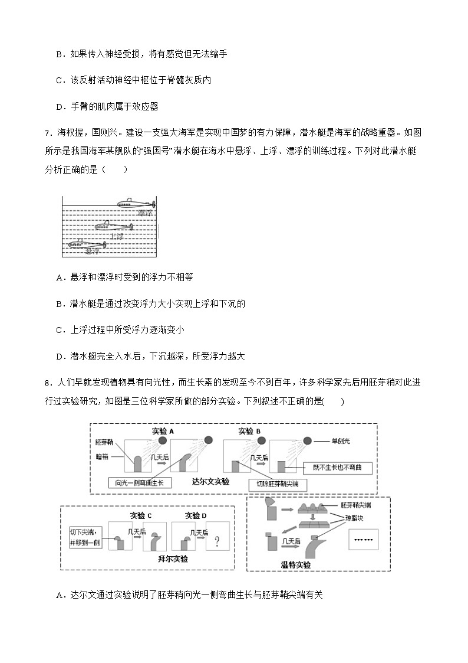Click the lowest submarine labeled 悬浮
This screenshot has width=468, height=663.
click(85, 243)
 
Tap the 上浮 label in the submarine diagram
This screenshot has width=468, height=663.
click(117, 236)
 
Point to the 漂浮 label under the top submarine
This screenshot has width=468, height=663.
click(144, 213)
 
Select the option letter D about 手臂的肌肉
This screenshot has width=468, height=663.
click(59, 106)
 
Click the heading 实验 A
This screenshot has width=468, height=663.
click(163, 431)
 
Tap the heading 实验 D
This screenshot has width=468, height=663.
click(196, 515)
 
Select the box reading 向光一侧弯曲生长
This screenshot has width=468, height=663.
click(140, 483)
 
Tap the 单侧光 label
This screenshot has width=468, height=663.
click(341, 441)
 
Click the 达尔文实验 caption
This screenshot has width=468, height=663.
click(210, 481)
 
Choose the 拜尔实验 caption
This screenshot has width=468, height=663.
click(173, 559)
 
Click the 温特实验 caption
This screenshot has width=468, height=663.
click(295, 565)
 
